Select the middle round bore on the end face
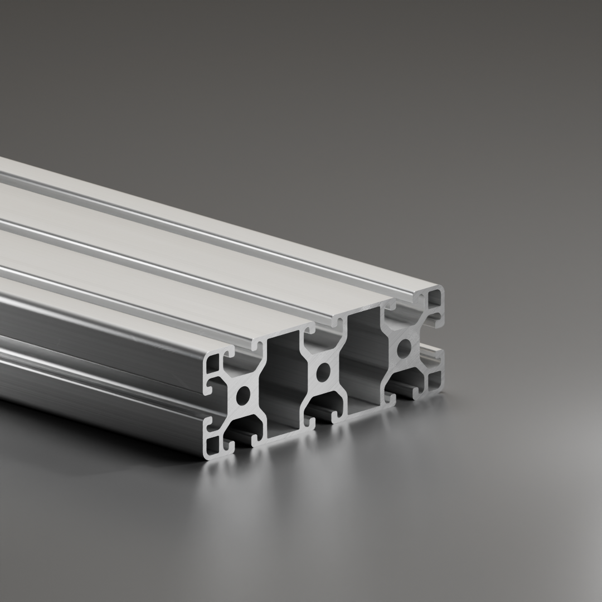(x=322, y=372)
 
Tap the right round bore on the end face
(x=404, y=349)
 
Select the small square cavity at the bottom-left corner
(x=214, y=444)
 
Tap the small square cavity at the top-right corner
(x=435, y=302)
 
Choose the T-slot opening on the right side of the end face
(x=440, y=341)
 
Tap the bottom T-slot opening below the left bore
(x=243, y=440)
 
